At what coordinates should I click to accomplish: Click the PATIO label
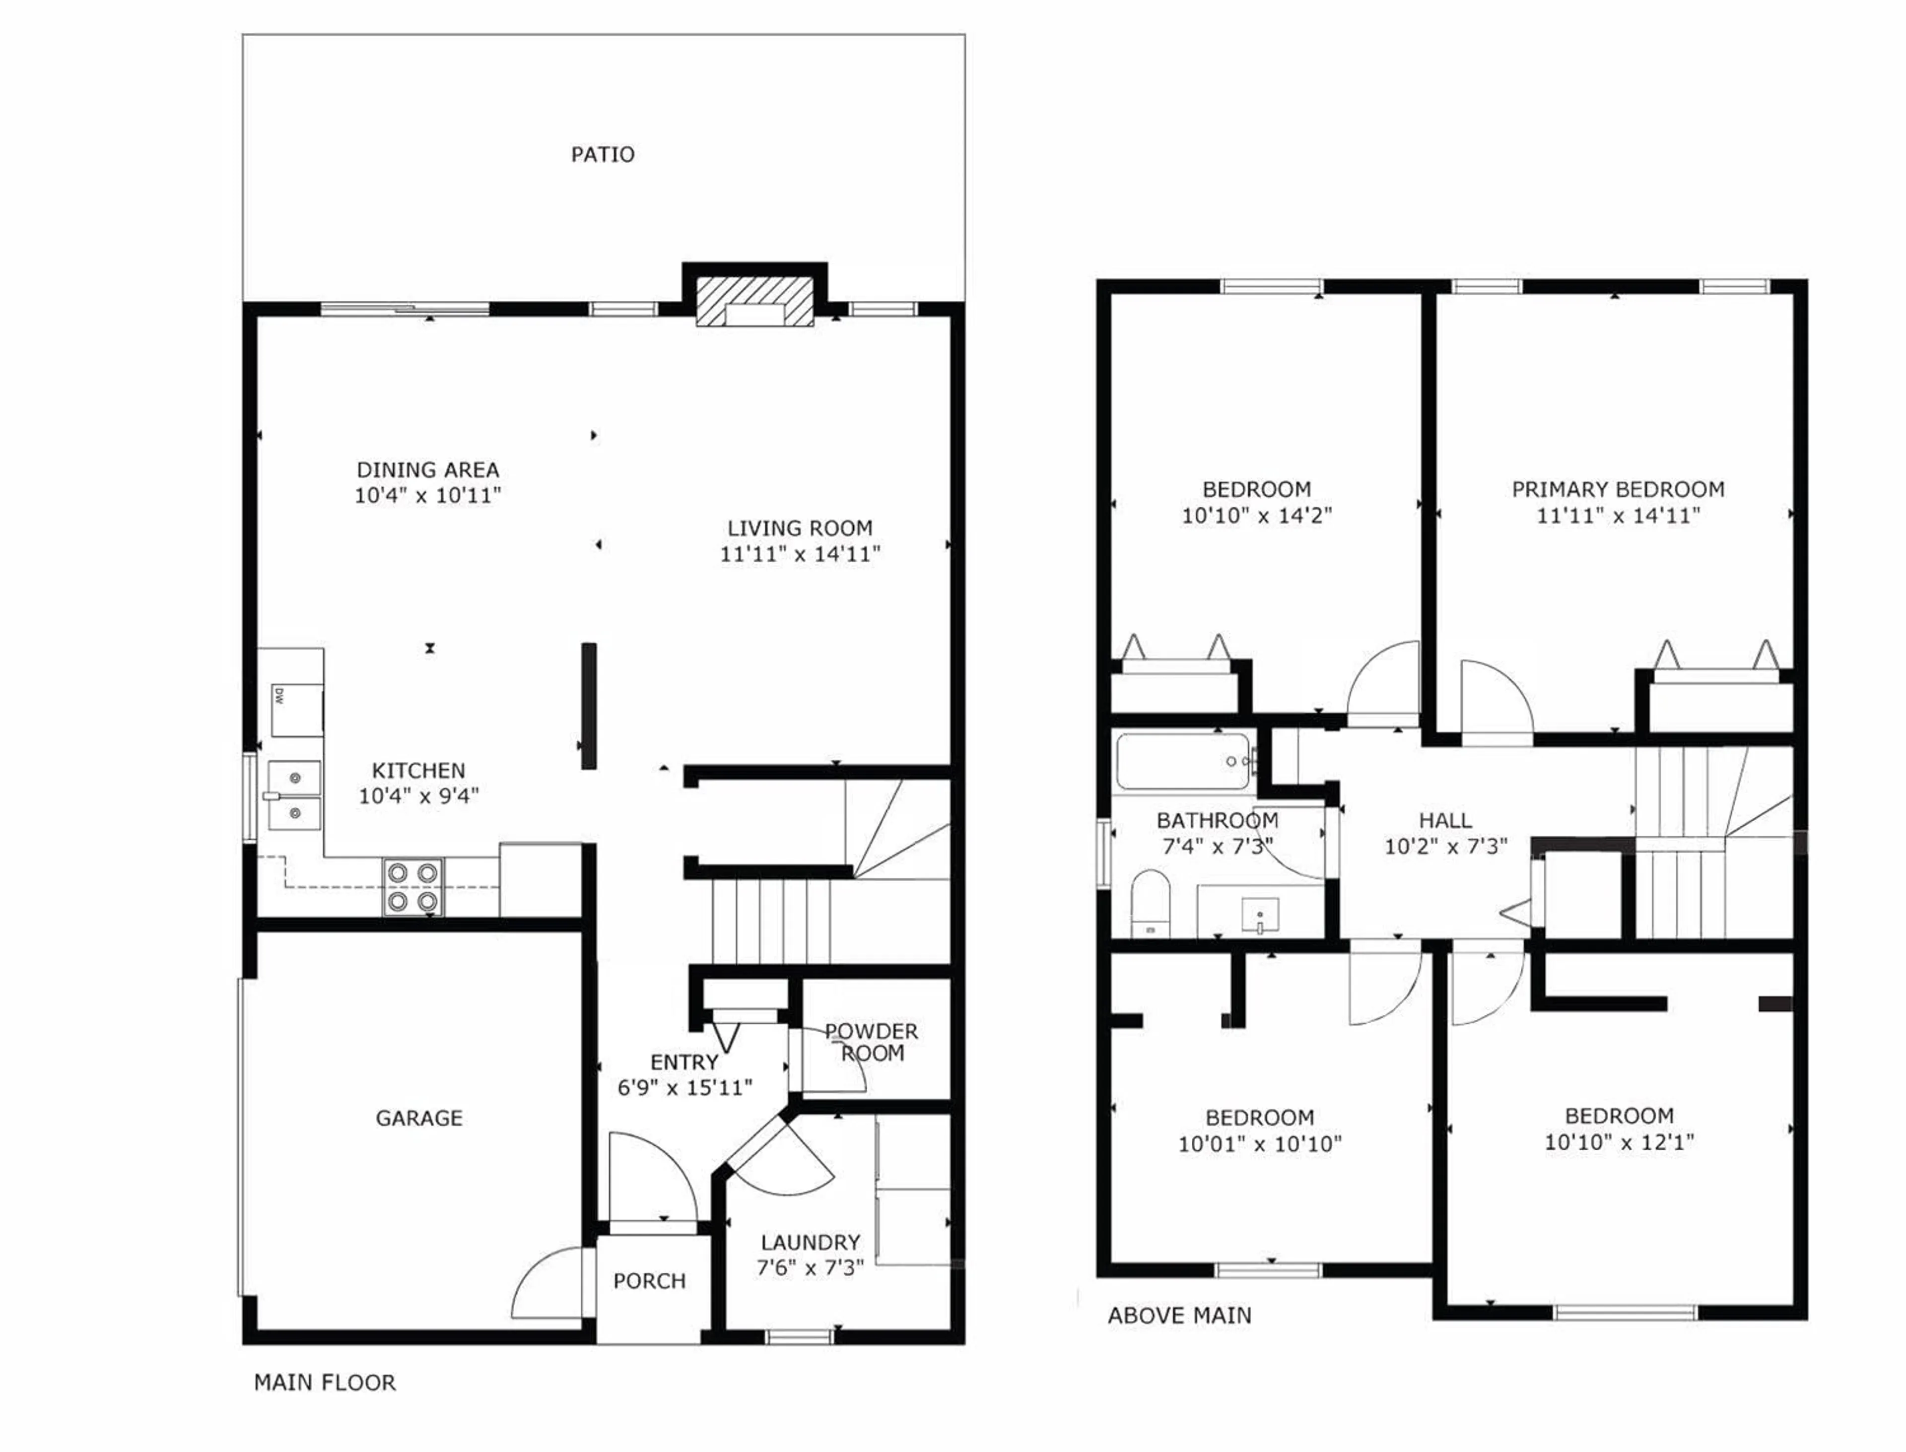(x=603, y=155)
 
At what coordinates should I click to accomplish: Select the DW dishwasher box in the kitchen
(x=296, y=711)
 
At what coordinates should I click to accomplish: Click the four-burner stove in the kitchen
(x=412, y=888)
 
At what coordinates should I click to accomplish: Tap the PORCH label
(x=649, y=1281)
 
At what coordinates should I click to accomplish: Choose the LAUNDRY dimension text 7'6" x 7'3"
(x=810, y=1268)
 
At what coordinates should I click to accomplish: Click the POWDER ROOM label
(x=871, y=1042)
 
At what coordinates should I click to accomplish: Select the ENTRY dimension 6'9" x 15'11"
(x=684, y=1087)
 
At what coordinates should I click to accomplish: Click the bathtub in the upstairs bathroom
(x=1182, y=761)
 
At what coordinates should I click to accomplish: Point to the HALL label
(x=1445, y=820)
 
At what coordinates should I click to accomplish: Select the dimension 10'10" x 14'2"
(x=1257, y=516)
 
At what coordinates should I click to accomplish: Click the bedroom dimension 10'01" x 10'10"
(x=1259, y=1144)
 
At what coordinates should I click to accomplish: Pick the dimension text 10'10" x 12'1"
(x=1619, y=1142)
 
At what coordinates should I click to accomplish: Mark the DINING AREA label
(x=428, y=470)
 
